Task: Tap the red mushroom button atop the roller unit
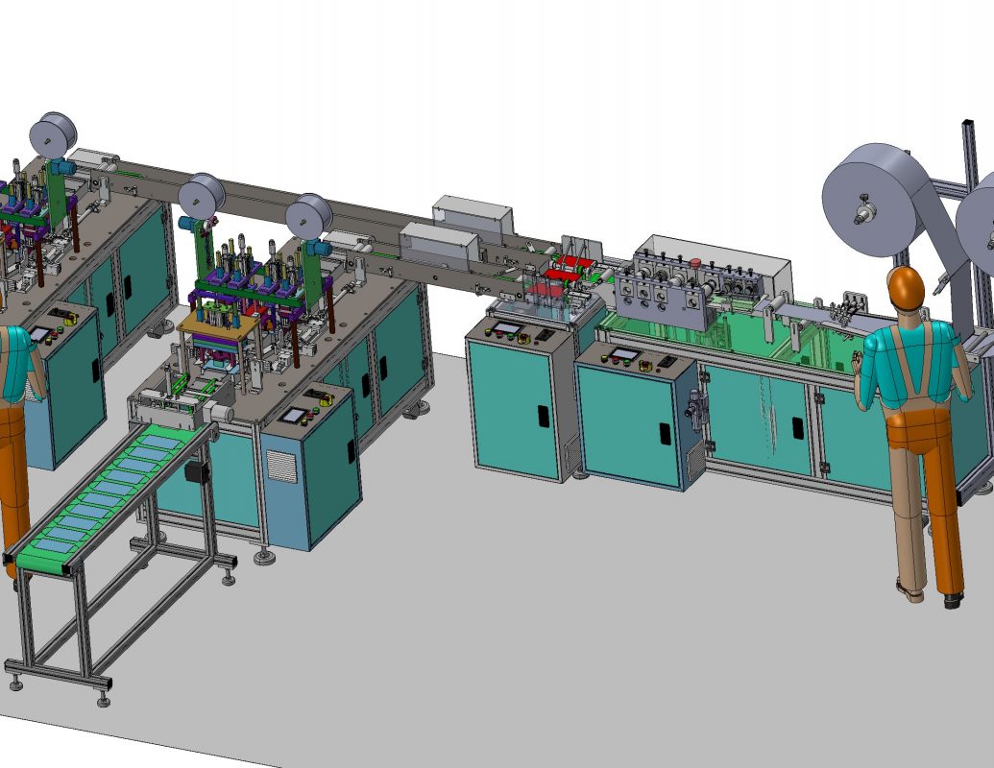(x=694, y=260)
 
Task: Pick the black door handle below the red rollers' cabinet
(x=543, y=416)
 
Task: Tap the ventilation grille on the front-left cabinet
(x=277, y=467)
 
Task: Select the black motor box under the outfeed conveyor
(x=201, y=474)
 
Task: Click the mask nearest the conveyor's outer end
(x=53, y=544)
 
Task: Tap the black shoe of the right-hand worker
(x=952, y=601)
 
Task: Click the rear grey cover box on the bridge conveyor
(x=468, y=213)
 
